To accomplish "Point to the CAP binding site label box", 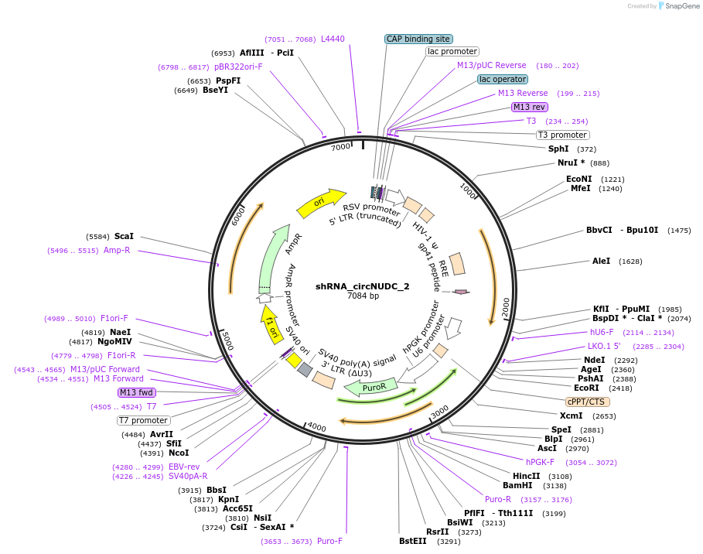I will pos(418,39).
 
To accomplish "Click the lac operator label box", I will pos(503,79).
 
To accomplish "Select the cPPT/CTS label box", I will pos(587,402).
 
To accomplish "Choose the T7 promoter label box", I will pos(143,420).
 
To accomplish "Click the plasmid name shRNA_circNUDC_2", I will pos(363,286).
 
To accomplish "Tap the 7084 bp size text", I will pos(363,296).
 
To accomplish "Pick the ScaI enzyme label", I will pos(124,236).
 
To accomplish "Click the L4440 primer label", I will pos(333,39).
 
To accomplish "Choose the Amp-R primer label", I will pos(117,250).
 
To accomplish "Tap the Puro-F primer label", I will pos(329,541).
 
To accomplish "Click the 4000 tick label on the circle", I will pos(316,426).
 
